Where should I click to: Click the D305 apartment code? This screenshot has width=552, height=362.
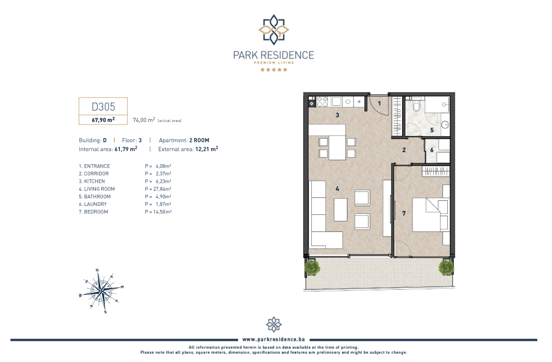coord(103,106)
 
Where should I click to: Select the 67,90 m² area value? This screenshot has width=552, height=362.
coord(103,120)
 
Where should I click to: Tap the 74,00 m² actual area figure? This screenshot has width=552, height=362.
coord(144,120)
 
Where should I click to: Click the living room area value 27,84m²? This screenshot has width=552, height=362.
coord(162,189)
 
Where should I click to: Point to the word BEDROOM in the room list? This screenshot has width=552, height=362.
coord(96,212)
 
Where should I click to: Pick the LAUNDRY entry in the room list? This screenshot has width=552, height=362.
coord(95,204)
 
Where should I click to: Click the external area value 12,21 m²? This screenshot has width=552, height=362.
coord(207,149)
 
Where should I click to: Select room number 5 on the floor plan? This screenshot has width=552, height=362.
coord(432,130)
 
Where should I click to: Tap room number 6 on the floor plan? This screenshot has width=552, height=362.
coord(432,150)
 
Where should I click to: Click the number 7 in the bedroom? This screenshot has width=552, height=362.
coord(404,213)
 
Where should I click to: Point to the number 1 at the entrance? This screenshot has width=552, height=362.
coord(380,103)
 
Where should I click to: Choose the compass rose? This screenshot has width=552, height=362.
coord(101,291)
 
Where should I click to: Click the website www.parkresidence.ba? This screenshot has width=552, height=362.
coord(274,339)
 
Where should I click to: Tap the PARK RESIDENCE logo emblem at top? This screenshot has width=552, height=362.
coord(274,30)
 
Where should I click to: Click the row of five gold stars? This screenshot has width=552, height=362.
coord(274,70)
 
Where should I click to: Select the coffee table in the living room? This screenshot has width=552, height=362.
coord(340,210)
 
